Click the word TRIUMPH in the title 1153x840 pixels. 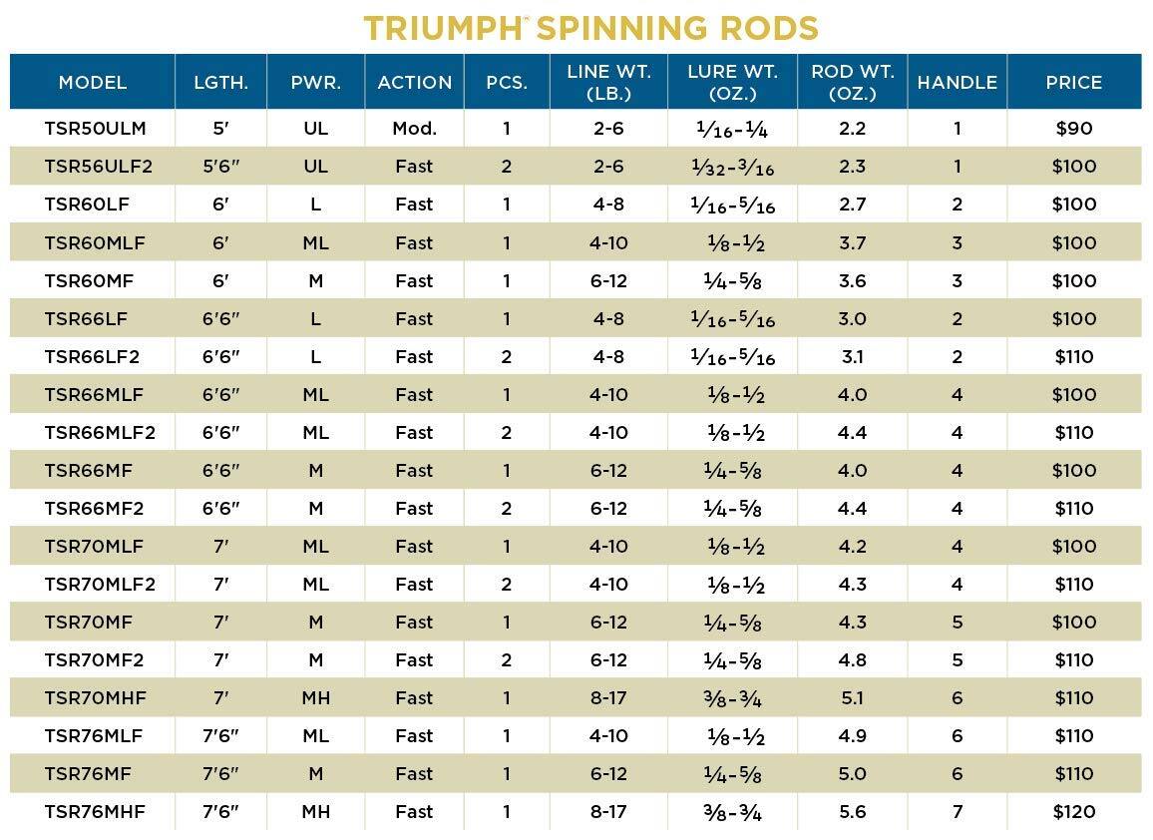[442, 28]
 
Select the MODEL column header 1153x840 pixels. [93, 83]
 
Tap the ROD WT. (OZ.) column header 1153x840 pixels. [852, 83]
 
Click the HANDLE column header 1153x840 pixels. [957, 83]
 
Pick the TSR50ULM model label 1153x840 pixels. [88, 129]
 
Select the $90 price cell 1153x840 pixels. [1073, 129]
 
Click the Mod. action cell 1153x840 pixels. [414, 129]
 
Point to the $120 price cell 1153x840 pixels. [1073, 812]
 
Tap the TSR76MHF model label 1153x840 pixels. [95, 812]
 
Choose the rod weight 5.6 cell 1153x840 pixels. [852, 812]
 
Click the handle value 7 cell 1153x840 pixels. [957, 812]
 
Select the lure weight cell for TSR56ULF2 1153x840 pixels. [732, 168]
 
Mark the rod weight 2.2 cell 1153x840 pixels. [852, 129]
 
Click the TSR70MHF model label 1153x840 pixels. [95, 698]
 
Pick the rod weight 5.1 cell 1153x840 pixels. [852, 698]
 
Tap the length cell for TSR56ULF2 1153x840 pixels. [220, 167]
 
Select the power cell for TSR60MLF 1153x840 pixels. [315, 242]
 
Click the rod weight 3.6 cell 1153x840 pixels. [852, 280]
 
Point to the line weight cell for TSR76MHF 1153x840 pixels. [608, 812]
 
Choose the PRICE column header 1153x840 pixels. [1073, 83]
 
